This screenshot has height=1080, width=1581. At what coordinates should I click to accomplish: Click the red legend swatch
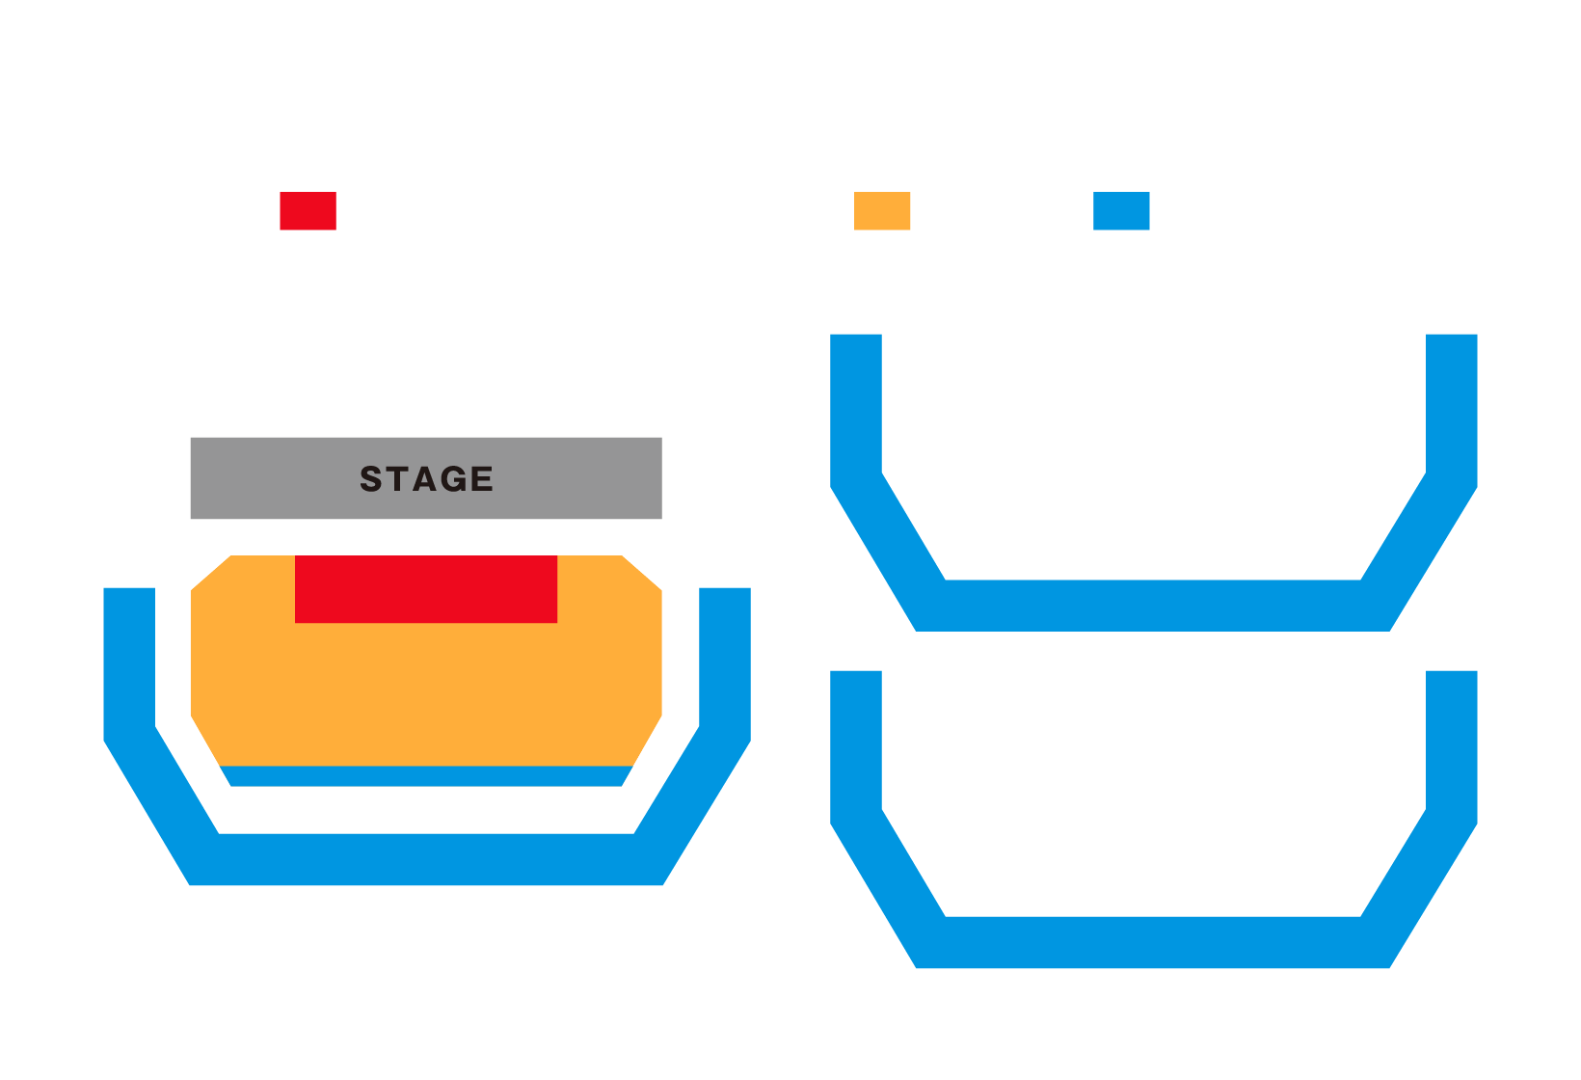click(308, 211)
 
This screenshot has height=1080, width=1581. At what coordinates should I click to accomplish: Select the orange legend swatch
click(882, 211)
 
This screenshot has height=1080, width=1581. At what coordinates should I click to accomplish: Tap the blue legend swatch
click(1121, 211)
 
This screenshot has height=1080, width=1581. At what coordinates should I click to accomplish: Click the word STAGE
click(426, 479)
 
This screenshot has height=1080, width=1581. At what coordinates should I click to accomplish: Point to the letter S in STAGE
click(371, 479)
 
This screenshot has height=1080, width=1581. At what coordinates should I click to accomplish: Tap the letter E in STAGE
click(482, 479)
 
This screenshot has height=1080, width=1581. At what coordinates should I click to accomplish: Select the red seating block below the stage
click(426, 589)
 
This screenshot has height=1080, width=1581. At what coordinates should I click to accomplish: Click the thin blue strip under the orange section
click(426, 776)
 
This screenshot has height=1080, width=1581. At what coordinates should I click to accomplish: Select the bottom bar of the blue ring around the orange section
click(426, 859)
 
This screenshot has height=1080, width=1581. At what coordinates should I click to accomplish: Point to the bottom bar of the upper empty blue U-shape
click(1153, 606)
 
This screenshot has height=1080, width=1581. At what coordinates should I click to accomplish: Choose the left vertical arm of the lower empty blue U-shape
click(856, 742)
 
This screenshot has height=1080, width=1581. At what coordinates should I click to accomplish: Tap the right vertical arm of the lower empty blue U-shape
click(1452, 742)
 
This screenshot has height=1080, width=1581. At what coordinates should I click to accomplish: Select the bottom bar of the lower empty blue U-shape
click(1153, 942)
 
